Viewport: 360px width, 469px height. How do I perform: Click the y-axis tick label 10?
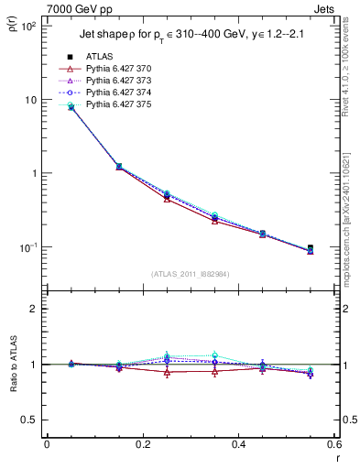pos(29,100)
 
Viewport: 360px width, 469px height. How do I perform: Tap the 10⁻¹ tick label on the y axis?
pos(26,247)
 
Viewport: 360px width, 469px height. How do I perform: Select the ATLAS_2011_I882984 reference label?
pos(190,275)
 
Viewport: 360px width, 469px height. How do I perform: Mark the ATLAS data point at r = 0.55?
pos(311,248)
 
